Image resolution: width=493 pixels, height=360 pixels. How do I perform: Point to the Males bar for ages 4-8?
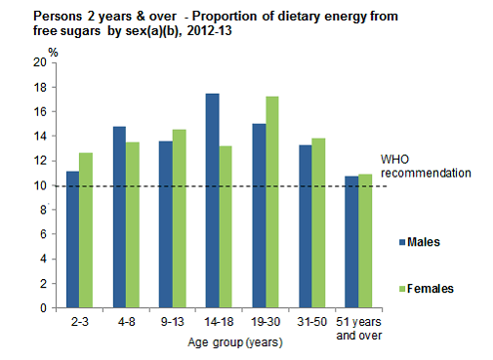119,217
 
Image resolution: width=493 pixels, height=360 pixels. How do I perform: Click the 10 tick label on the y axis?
39,185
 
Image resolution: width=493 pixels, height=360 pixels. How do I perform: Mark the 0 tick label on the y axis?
43,308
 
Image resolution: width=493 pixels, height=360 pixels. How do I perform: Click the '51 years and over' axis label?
359,327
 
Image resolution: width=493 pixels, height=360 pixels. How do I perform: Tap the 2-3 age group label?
80,321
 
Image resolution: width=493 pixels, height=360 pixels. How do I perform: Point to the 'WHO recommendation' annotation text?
426,166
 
